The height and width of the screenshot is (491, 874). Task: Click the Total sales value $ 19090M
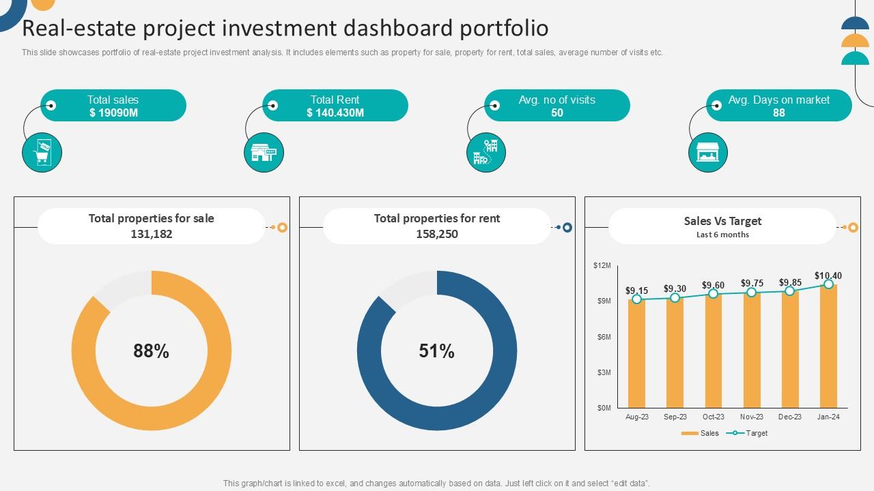tap(113, 113)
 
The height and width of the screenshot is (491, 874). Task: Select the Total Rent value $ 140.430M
tap(335, 113)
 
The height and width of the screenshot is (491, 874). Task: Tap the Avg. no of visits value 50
tap(556, 113)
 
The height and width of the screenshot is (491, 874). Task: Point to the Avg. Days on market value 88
tap(778, 113)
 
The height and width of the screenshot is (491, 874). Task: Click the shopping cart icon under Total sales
tap(42, 152)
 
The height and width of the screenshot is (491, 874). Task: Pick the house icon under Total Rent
tap(264, 152)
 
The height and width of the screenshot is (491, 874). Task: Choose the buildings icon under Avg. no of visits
tap(485, 152)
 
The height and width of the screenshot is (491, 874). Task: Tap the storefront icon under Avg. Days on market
tap(707, 152)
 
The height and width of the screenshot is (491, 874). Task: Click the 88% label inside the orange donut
tap(151, 351)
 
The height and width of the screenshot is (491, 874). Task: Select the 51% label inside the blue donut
tap(436, 351)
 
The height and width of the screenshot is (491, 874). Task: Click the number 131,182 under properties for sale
tap(151, 234)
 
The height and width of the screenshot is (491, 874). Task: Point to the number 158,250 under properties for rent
tap(436, 234)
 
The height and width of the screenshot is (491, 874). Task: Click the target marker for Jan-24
tap(828, 284)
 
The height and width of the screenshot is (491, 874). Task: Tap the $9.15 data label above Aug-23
tap(636, 291)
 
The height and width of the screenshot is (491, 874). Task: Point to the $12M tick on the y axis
tap(602, 265)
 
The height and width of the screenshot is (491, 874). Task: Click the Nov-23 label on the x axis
tap(751, 417)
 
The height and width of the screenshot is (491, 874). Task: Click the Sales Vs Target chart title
tap(722, 221)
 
